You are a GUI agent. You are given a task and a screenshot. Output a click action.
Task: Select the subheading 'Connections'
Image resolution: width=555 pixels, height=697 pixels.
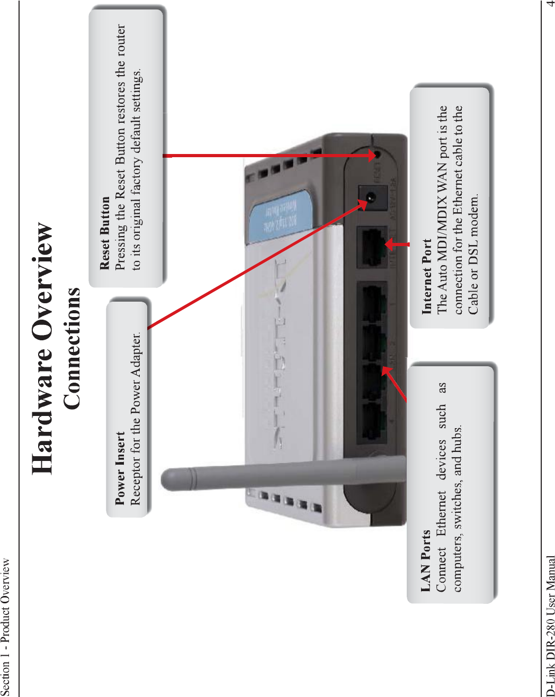[x=72, y=348]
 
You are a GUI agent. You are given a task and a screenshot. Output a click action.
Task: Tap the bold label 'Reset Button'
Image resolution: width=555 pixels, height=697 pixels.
[x=105, y=233]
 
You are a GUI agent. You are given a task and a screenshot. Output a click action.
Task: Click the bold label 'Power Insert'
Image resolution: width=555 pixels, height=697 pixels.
[x=120, y=468]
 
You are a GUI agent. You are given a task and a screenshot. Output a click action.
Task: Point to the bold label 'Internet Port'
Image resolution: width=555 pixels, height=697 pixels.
[x=427, y=276]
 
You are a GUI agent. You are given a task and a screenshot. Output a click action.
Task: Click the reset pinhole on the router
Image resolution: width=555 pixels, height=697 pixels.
[x=377, y=155]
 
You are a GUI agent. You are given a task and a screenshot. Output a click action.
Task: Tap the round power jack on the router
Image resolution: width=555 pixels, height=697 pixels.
[x=371, y=197]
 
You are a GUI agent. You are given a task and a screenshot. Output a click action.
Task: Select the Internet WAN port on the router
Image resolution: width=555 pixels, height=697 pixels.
[x=373, y=246]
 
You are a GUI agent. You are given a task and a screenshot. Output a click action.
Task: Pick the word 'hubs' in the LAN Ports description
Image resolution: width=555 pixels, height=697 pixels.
[x=458, y=438]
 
